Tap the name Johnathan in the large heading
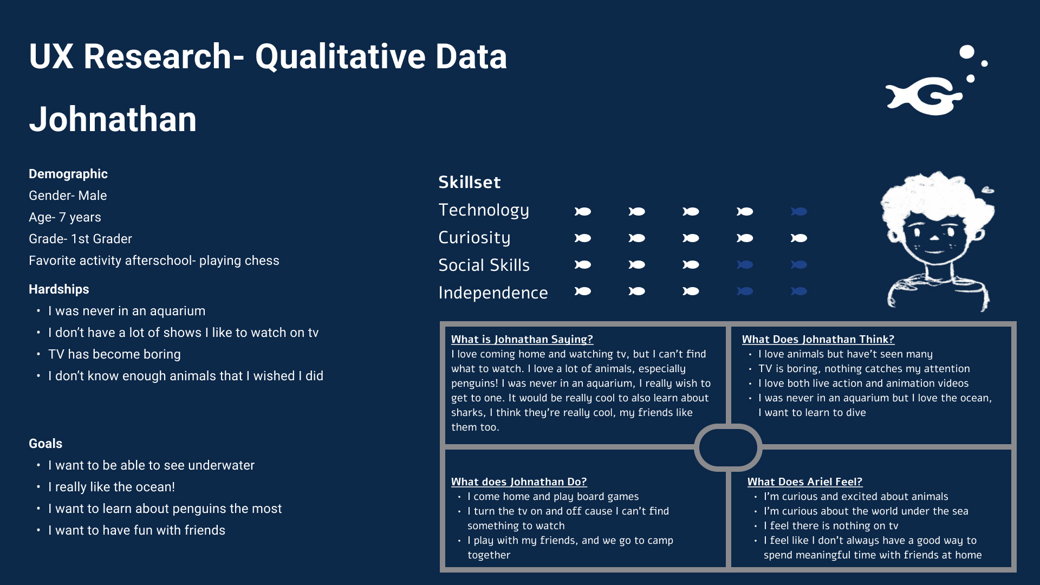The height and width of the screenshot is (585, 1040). pyautogui.click(x=113, y=119)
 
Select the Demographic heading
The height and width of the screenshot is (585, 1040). pyautogui.click(x=68, y=174)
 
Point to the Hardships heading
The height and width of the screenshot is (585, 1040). pyautogui.click(x=59, y=289)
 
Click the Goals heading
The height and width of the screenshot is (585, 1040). pyautogui.click(x=45, y=444)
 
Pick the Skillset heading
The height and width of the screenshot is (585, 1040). pyautogui.click(x=469, y=183)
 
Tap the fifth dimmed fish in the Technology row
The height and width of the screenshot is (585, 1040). pyautogui.click(x=799, y=211)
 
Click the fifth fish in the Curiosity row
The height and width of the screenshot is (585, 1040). pyautogui.click(x=799, y=238)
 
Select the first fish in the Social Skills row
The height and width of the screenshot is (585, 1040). pyautogui.click(x=583, y=264)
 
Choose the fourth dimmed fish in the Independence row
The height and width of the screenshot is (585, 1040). pyautogui.click(x=745, y=291)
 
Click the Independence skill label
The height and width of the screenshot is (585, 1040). pyautogui.click(x=493, y=292)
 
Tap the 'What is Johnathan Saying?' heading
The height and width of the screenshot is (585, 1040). pyautogui.click(x=522, y=339)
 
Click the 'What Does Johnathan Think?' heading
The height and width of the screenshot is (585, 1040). pyautogui.click(x=818, y=339)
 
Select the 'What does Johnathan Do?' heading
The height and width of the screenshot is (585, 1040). pyautogui.click(x=519, y=482)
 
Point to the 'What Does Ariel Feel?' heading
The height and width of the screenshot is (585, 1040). pyautogui.click(x=805, y=482)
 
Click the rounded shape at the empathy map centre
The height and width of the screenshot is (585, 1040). pyautogui.click(x=728, y=447)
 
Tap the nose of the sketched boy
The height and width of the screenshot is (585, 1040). pyautogui.click(x=934, y=238)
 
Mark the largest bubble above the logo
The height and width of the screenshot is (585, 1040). pyautogui.click(x=966, y=52)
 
